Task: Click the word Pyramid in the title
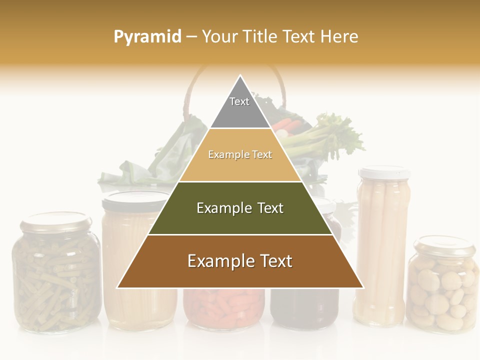147,37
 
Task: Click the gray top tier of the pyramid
240,107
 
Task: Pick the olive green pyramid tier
240,208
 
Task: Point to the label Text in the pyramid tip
239,101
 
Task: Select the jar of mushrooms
442,290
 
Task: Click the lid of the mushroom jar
444,245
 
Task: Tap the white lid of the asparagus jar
384,173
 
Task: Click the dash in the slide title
191,37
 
